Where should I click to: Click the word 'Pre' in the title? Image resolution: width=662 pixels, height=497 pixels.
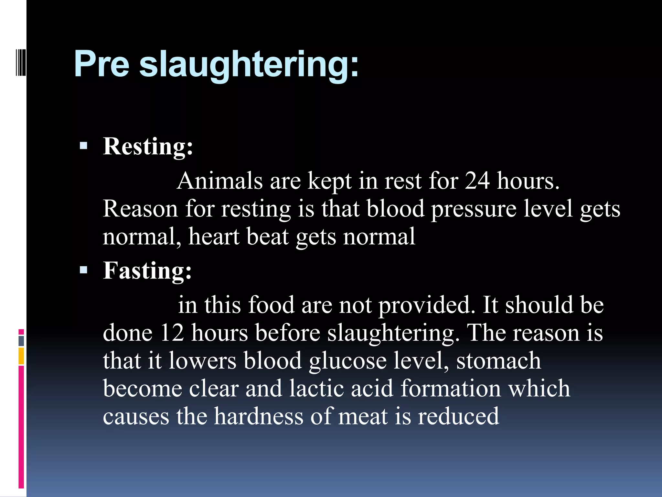pyautogui.click(x=101, y=64)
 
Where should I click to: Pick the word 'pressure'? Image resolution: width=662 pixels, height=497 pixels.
pyautogui.click(x=474, y=210)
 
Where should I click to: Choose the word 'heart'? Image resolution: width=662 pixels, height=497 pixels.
pyautogui.click(x=214, y=237)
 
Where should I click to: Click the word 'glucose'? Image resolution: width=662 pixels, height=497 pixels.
pyautogui.click(x=347, y=361)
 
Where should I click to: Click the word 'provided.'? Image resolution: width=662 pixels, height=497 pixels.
pyautogui.click(x=427, y=306)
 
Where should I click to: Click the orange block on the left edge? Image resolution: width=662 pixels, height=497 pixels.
pyautogui.click(x=21, y=356)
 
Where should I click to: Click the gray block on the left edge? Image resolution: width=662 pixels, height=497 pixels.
pyautogui.click(x=21, y=341)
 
